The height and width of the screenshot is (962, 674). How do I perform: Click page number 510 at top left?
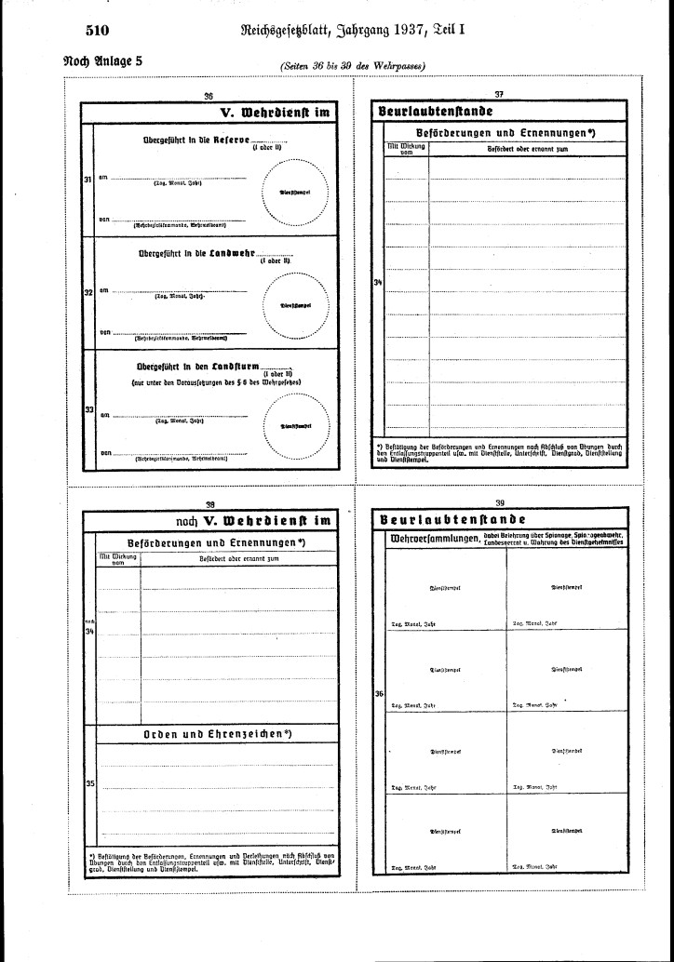point(98,30)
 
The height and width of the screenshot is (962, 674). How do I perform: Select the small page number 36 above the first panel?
point(209,95)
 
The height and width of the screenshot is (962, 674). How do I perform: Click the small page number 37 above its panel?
point(499,95)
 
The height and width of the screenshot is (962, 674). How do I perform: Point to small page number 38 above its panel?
point(209,502)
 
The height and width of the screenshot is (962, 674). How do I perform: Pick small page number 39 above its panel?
point(499,502)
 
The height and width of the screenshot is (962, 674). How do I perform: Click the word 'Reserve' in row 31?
point(229,139)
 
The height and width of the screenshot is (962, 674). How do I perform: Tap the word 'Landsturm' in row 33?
point(232,366)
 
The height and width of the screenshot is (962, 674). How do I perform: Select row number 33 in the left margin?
point(88,409)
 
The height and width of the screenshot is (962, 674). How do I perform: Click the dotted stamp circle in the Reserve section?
point(294,193)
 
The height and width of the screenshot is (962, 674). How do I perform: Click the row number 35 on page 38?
point(90,783)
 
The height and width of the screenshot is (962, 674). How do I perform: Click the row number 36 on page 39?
point(379,693)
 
